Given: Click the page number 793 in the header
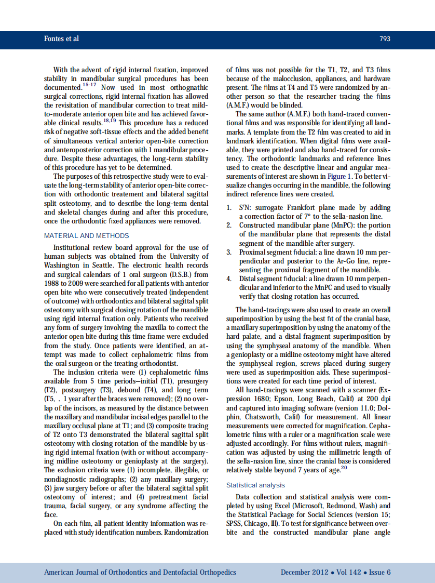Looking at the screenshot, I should click(x=385, y=39).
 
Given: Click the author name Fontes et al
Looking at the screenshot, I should click(x=61, y=39).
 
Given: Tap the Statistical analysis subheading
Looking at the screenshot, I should click(x=255, y=485).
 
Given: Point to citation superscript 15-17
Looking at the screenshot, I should click(x=90, y=84).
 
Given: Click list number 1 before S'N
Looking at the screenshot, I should click(x=229, y=207).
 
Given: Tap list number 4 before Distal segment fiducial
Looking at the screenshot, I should click(x=229, y=279).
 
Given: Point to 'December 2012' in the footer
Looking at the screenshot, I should click(x=304, y=572).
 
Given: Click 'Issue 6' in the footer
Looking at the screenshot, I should click(x=379, y=572).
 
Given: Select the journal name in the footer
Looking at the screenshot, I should click(x=140, y=572).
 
